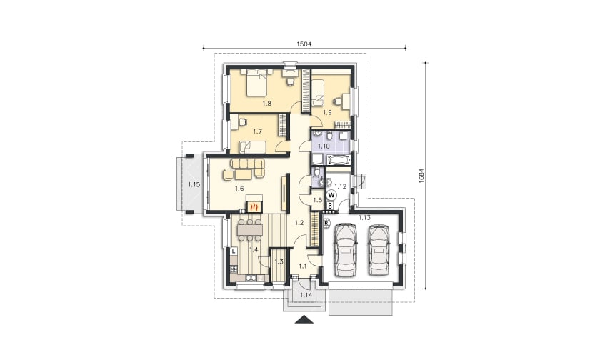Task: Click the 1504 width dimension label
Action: [304, 44]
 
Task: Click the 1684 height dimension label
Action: [421, 176]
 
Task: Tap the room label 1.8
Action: [266, 103]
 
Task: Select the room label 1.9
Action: [327, 112]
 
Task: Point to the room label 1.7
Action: [258, 131]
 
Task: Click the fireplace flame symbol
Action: [253, 207]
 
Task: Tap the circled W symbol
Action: [331, 195]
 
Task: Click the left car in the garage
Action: [346, 250]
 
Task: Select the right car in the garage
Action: [379, 250]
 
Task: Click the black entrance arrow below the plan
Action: [304, 319]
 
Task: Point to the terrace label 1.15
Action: [194, 184]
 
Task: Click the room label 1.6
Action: [239, 189]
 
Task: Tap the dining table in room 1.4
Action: [250, 229]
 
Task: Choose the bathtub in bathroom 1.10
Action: [337, 159]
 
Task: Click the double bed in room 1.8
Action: [256, 83]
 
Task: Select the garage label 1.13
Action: [364, 218]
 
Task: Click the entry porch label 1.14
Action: [306, 295]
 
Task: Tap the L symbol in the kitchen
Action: [234, 251]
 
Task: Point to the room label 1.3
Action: [279, 262]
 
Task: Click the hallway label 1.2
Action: [299, 222]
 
